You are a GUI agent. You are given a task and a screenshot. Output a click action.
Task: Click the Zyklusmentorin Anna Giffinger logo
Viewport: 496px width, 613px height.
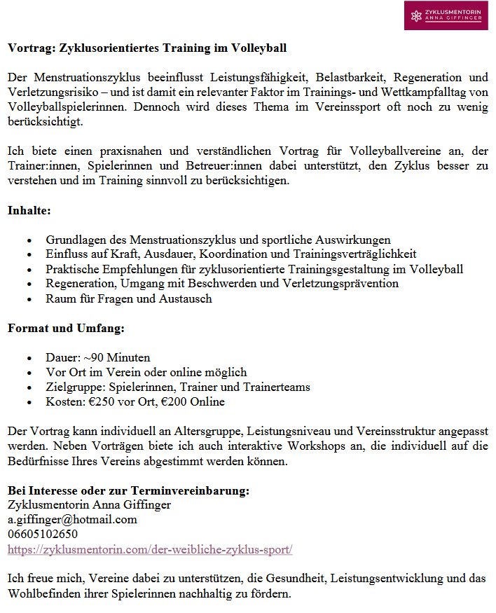click(x=446, y=15)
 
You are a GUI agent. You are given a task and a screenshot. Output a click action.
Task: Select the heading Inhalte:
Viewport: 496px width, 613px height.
click(x=29, y=209)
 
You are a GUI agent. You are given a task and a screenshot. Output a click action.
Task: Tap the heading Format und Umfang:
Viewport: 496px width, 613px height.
click(x=66, y=328)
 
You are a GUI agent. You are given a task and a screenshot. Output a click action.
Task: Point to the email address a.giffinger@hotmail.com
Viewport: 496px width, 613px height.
click(x=72, y=520)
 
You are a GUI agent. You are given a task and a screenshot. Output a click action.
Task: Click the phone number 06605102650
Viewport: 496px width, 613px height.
click(x=43, y=535)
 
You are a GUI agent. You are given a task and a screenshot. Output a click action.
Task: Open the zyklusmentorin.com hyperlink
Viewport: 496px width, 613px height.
click(x=149, y=549)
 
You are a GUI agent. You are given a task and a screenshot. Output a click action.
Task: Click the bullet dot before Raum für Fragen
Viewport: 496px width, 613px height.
click(x=29, y=299)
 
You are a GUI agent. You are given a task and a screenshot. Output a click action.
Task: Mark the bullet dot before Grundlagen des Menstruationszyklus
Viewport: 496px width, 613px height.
click(x=29, y=240)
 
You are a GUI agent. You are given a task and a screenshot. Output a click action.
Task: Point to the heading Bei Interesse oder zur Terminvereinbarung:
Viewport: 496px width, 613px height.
click(x=128, y=490)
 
